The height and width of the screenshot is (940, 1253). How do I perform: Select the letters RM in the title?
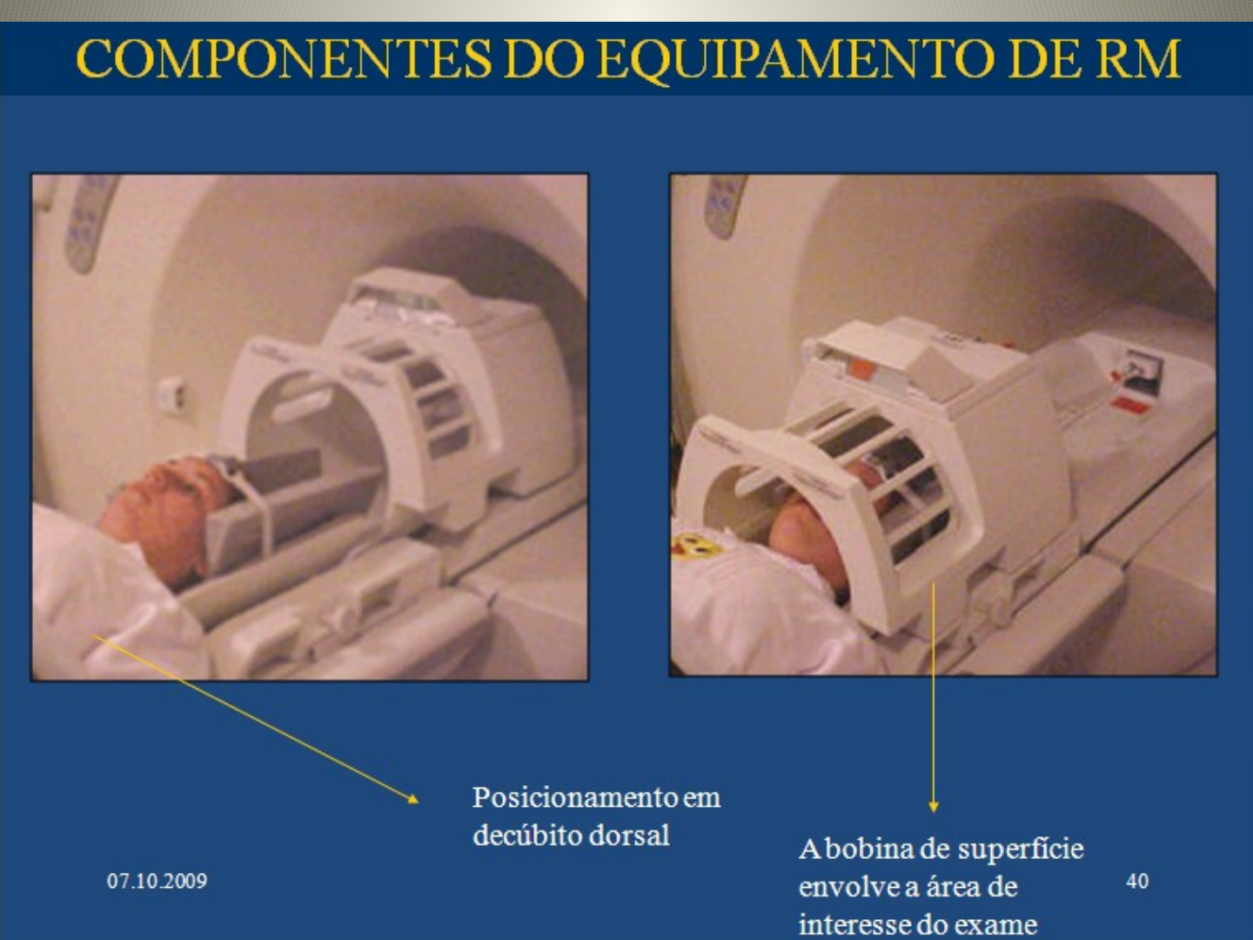tap(1137, 59)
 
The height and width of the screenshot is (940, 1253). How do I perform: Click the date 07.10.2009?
tap(157, 881)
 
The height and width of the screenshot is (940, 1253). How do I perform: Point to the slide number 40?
tap(1136, 881)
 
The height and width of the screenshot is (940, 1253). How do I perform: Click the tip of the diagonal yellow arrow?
tap(416, 800)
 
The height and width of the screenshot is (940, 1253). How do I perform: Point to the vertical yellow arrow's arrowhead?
tap(933, 808)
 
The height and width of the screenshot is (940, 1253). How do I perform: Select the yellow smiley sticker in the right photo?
tap(692, 547)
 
